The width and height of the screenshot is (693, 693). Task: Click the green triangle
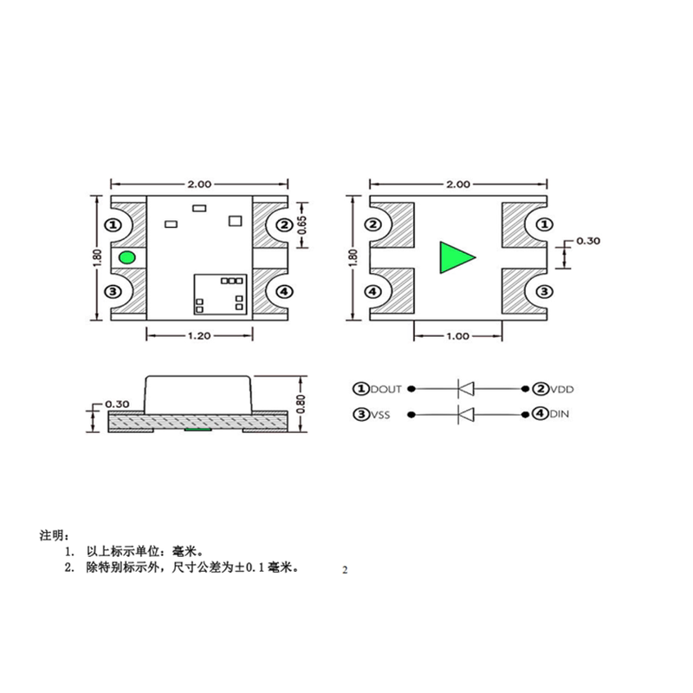pyautogui.click(x=456, y=258)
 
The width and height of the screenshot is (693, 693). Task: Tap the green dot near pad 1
pyautogui.click(x=127, y=257)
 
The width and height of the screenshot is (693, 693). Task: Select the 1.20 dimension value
pyautogui.click(x=199, y=338)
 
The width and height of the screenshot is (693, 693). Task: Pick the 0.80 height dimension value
pyautogui.click(x=301, y=403)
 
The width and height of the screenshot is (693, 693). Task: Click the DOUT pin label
pyautogui.click(x=386, y=389)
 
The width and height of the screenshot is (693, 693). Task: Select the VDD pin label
pyautogui.click(x=563, y=389)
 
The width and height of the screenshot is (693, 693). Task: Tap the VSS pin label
pyautogui.click(x=380, y=415)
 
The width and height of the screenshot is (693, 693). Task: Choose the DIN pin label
pyautogui.click(x=560, y=415)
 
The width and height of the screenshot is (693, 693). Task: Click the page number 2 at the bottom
pyautogui.click(x=345, y=570)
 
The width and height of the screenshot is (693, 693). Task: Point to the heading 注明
pyautogui.click(x=51, y=534)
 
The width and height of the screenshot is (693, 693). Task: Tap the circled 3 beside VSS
pyautogui.click(x=359, y=415)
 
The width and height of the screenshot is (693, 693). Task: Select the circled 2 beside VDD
pyautogui.click(x=541, y=389)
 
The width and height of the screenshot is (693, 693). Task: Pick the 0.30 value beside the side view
pyautogui.click(x=115, y=404)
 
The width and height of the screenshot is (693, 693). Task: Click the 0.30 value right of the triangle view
pyautogui.click(x=587, y=242)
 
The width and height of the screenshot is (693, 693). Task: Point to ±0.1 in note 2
pyautogui.click(x=248, y=568)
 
